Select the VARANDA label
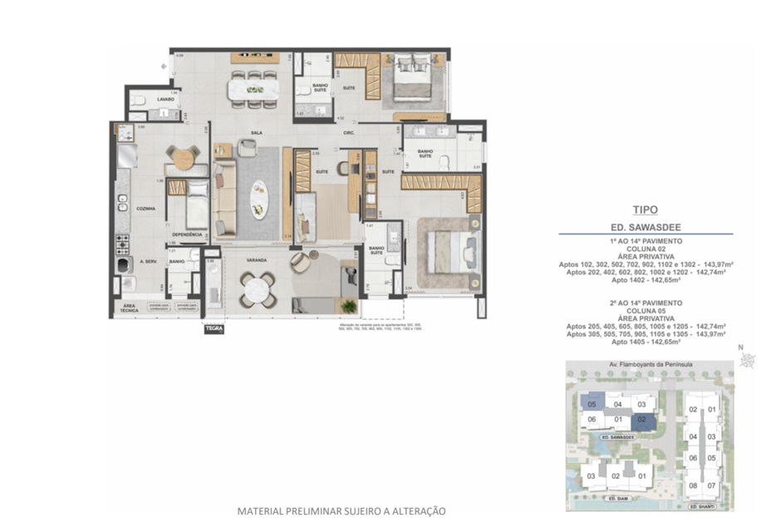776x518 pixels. pos(256,260)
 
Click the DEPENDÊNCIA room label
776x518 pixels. pos(188,234)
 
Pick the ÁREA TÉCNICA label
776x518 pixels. pos(128,308)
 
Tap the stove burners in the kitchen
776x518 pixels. pos(122,243)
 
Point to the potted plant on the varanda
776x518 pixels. pos(348,305)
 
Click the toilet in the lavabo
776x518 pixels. pos(140,101)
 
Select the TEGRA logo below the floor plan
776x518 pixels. pos(214,328)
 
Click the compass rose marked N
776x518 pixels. pos(749,359)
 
